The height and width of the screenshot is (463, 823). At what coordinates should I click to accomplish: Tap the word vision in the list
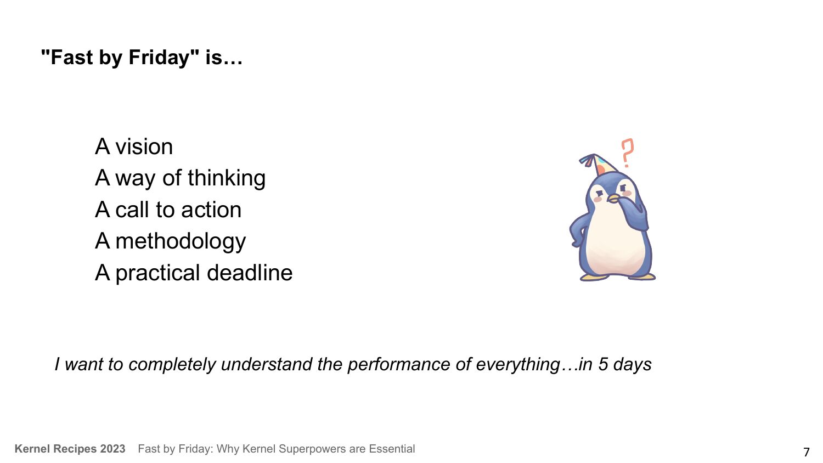tap(144, 146)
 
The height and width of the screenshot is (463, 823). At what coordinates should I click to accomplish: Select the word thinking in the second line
tap(226, 179)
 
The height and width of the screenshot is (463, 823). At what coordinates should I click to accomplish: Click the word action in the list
tap(211, 210)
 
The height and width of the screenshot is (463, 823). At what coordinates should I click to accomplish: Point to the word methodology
tap(181, 242)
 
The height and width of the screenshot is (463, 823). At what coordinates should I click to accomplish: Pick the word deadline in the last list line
tap(250, 273)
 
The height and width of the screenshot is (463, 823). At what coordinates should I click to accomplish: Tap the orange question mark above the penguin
tap(627, 153)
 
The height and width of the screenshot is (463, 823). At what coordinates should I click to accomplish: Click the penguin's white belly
tap(613, 242)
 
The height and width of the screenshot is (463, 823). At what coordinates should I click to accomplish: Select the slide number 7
tap(806, 451)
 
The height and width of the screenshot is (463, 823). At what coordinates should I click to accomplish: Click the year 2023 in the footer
tap(113, 449)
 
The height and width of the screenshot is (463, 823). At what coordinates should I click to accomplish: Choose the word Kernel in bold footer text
tap(32, 449)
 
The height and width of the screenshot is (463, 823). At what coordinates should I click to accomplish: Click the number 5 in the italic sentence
tap(603, 364)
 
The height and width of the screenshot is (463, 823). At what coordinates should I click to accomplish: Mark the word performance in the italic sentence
tap(399, 365)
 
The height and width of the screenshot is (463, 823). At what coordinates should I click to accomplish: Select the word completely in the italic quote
tap(172, 365)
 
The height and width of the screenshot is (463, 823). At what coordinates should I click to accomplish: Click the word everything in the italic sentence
tap(517, 365)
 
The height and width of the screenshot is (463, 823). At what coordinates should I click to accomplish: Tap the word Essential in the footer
tap(392, 449)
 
